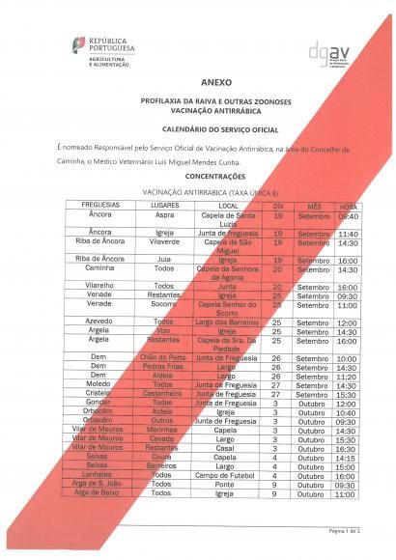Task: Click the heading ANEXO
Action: (x=197, y=84)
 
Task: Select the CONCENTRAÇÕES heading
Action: (x=197, y=177)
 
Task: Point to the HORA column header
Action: (x=348, y=207)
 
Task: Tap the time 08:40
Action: (x=348, y=216)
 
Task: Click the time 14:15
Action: (x=348, y=457)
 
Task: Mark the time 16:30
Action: (x=348, y=448)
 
